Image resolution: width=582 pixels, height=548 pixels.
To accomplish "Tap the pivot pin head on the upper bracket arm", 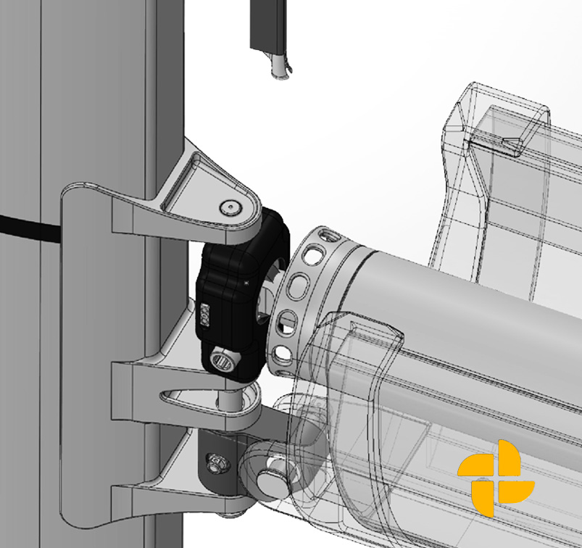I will coord(231,207).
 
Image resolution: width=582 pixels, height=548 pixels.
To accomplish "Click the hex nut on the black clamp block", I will coord(222,358).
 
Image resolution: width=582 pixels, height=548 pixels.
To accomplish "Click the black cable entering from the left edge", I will coord(29,226).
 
